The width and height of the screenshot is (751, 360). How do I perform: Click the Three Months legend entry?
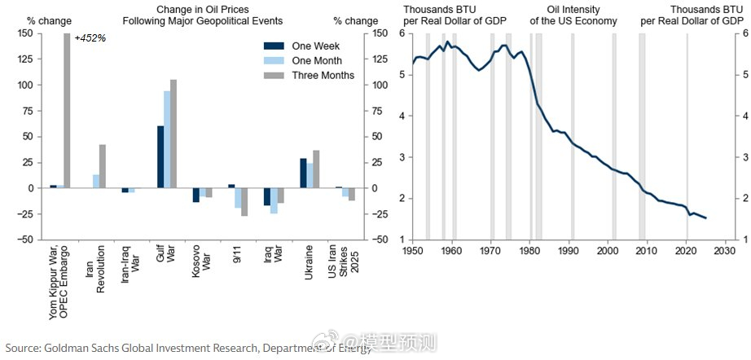pyautogui.click(x=323, y=75)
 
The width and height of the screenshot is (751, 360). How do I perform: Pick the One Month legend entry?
pyautogui.click(x=317, y=60)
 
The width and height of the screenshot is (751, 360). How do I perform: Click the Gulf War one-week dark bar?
pyautogui.click(x=160, y=157)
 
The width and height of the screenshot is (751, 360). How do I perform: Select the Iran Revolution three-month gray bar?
pyautogui.click(x=103, y=166)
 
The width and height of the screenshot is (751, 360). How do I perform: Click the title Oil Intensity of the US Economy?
pyautogui.click(x=571, y=15)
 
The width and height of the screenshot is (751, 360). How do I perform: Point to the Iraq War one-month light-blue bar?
pyautogui.click(x=274, y=200)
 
